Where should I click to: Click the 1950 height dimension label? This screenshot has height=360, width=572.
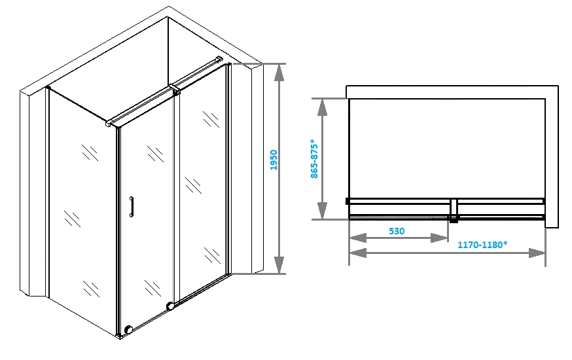tap(274, 160)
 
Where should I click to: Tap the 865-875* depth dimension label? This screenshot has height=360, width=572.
tap(314, 158)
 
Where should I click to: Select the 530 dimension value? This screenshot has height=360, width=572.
tap(397, 231)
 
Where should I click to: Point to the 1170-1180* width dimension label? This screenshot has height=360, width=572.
tap(482, 245)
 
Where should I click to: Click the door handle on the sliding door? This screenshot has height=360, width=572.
tap(132, 207)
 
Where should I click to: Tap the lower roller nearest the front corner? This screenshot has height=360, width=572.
tap(128, 330)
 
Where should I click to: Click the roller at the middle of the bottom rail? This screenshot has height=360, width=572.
tap(170, 306)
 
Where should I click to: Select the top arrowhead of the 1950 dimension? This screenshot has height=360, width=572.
tap(279, 73)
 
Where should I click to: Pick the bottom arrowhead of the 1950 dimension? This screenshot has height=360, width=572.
tap(279, 265)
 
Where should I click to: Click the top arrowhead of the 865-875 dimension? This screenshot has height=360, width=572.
tap(322, 107)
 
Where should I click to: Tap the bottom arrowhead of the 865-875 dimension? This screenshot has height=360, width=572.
tap(322, 211)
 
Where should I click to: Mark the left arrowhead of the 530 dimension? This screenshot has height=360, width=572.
tap(358, 238)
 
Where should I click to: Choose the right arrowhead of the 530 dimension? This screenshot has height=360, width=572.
tap(439, 238)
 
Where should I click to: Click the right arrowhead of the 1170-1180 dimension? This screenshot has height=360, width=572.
tap(537, 253)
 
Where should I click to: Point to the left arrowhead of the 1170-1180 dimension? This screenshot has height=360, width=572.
tap(358, 253)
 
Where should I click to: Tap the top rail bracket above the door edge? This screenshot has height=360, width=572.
tap(175, 90)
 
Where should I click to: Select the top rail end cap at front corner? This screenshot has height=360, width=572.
tap(109, 124)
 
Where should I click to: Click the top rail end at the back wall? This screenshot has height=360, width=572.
tap(219, 58)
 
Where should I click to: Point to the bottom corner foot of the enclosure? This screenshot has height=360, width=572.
tap(119, 336)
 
